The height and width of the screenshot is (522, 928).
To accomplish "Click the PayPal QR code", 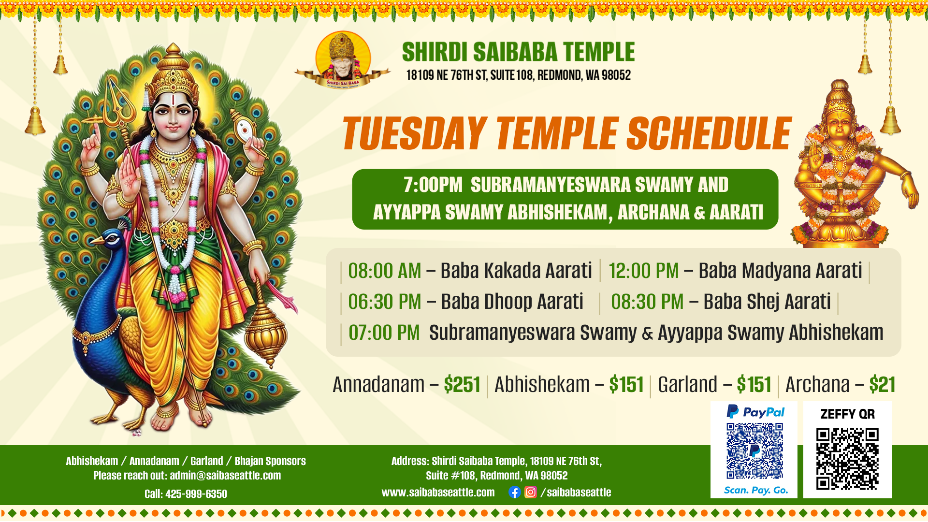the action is tap(754, 451).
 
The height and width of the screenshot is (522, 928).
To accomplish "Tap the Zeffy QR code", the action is tap(847, 459).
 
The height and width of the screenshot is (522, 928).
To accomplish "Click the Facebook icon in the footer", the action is tap(514, 492).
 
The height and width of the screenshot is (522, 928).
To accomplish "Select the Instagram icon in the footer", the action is tap(531, 492).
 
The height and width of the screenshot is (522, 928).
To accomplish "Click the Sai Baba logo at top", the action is tap(343, 59).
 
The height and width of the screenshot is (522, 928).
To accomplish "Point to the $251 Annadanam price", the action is tap(462, 385).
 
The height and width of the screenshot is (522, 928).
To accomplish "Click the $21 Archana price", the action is tap(882, 385).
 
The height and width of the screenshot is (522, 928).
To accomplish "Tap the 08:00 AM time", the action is tap(385, 271).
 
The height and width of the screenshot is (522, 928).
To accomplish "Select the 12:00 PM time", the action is tap(644, 271).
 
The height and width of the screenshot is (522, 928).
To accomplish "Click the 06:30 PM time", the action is tap(385, 302).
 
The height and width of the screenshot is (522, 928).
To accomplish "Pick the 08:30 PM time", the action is tap(647, 302).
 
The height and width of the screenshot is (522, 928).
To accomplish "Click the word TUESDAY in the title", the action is tap(415, 133).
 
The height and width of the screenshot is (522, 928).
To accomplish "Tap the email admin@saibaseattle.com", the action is tap(225, 476).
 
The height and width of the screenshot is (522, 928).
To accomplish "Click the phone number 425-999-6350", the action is tap(196, 494).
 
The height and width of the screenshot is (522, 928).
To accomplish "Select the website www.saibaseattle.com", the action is tap(438, 493).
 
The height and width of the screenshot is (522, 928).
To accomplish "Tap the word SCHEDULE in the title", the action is tap(709, 133).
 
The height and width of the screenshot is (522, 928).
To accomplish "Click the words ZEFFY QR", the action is tap(848, 414).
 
